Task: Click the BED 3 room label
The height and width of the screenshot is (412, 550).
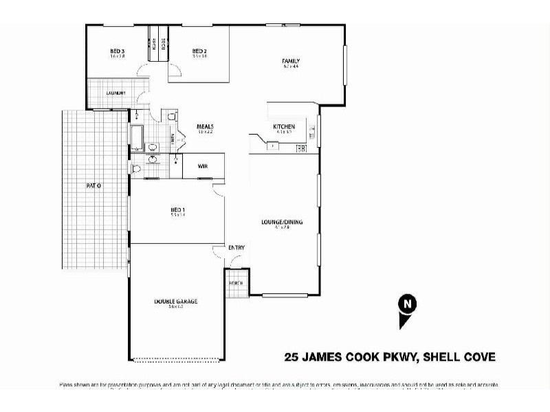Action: click(117, 51)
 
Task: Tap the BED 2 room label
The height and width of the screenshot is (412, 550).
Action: click(199, 51)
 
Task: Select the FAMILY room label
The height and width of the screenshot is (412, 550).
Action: click(291, 61)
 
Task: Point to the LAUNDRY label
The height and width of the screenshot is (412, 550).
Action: click(115, 93)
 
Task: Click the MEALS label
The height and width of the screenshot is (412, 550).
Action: click(206, 126)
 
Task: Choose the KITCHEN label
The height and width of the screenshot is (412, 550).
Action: click(284, 126)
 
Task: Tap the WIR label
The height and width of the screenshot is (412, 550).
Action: click(203, 166)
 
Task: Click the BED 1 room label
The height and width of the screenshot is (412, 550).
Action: click(178, 209)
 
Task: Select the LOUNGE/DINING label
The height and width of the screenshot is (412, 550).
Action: click(282, 222)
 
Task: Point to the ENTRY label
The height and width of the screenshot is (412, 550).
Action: click(236, 247)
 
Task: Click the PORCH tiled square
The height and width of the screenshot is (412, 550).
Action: click(235, 283)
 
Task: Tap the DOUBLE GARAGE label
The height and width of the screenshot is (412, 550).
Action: click(177, 301)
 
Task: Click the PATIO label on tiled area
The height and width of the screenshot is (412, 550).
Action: click(93, 185)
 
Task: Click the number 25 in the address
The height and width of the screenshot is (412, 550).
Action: click(292, 357)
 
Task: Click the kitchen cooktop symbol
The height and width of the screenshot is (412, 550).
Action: click(300, 148)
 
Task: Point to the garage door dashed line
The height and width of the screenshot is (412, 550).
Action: click(177, 360)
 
